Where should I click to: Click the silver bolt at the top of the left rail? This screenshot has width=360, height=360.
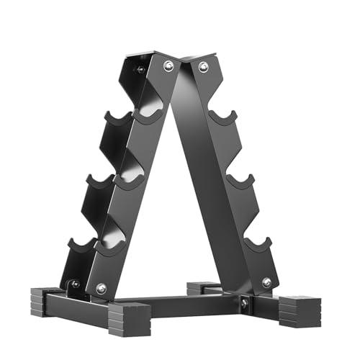(168, 66)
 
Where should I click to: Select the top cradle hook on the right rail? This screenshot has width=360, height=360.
(223, 117)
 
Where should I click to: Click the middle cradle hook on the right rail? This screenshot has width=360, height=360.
(240, 181)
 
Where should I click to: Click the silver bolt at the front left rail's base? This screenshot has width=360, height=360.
(101, 288)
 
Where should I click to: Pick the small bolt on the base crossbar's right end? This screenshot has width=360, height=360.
(244, 304)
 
